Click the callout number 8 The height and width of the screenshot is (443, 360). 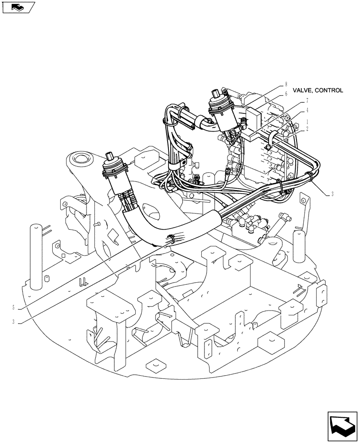286,84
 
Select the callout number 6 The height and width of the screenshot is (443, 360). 286,93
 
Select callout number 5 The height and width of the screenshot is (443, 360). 14,307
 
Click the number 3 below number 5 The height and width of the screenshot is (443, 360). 14,323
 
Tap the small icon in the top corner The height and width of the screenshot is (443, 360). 18,7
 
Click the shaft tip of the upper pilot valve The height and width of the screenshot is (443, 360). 216,93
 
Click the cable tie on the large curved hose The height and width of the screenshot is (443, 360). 171,239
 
